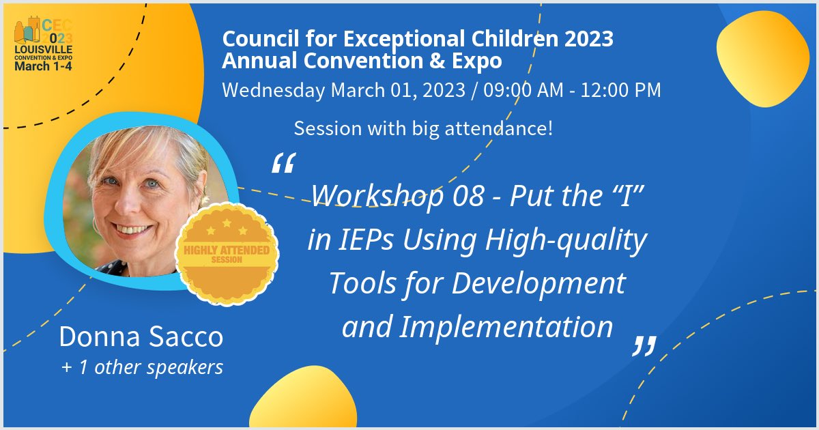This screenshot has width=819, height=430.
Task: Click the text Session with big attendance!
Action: (423, 128)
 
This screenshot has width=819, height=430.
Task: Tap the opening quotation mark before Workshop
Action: (283, 163)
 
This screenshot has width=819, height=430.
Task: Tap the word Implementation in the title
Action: (506, 326)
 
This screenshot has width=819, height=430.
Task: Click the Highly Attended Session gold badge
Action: (227, 254)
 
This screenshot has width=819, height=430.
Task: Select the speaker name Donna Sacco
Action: (141, 336)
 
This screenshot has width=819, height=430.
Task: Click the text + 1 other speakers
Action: (141, 367)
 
